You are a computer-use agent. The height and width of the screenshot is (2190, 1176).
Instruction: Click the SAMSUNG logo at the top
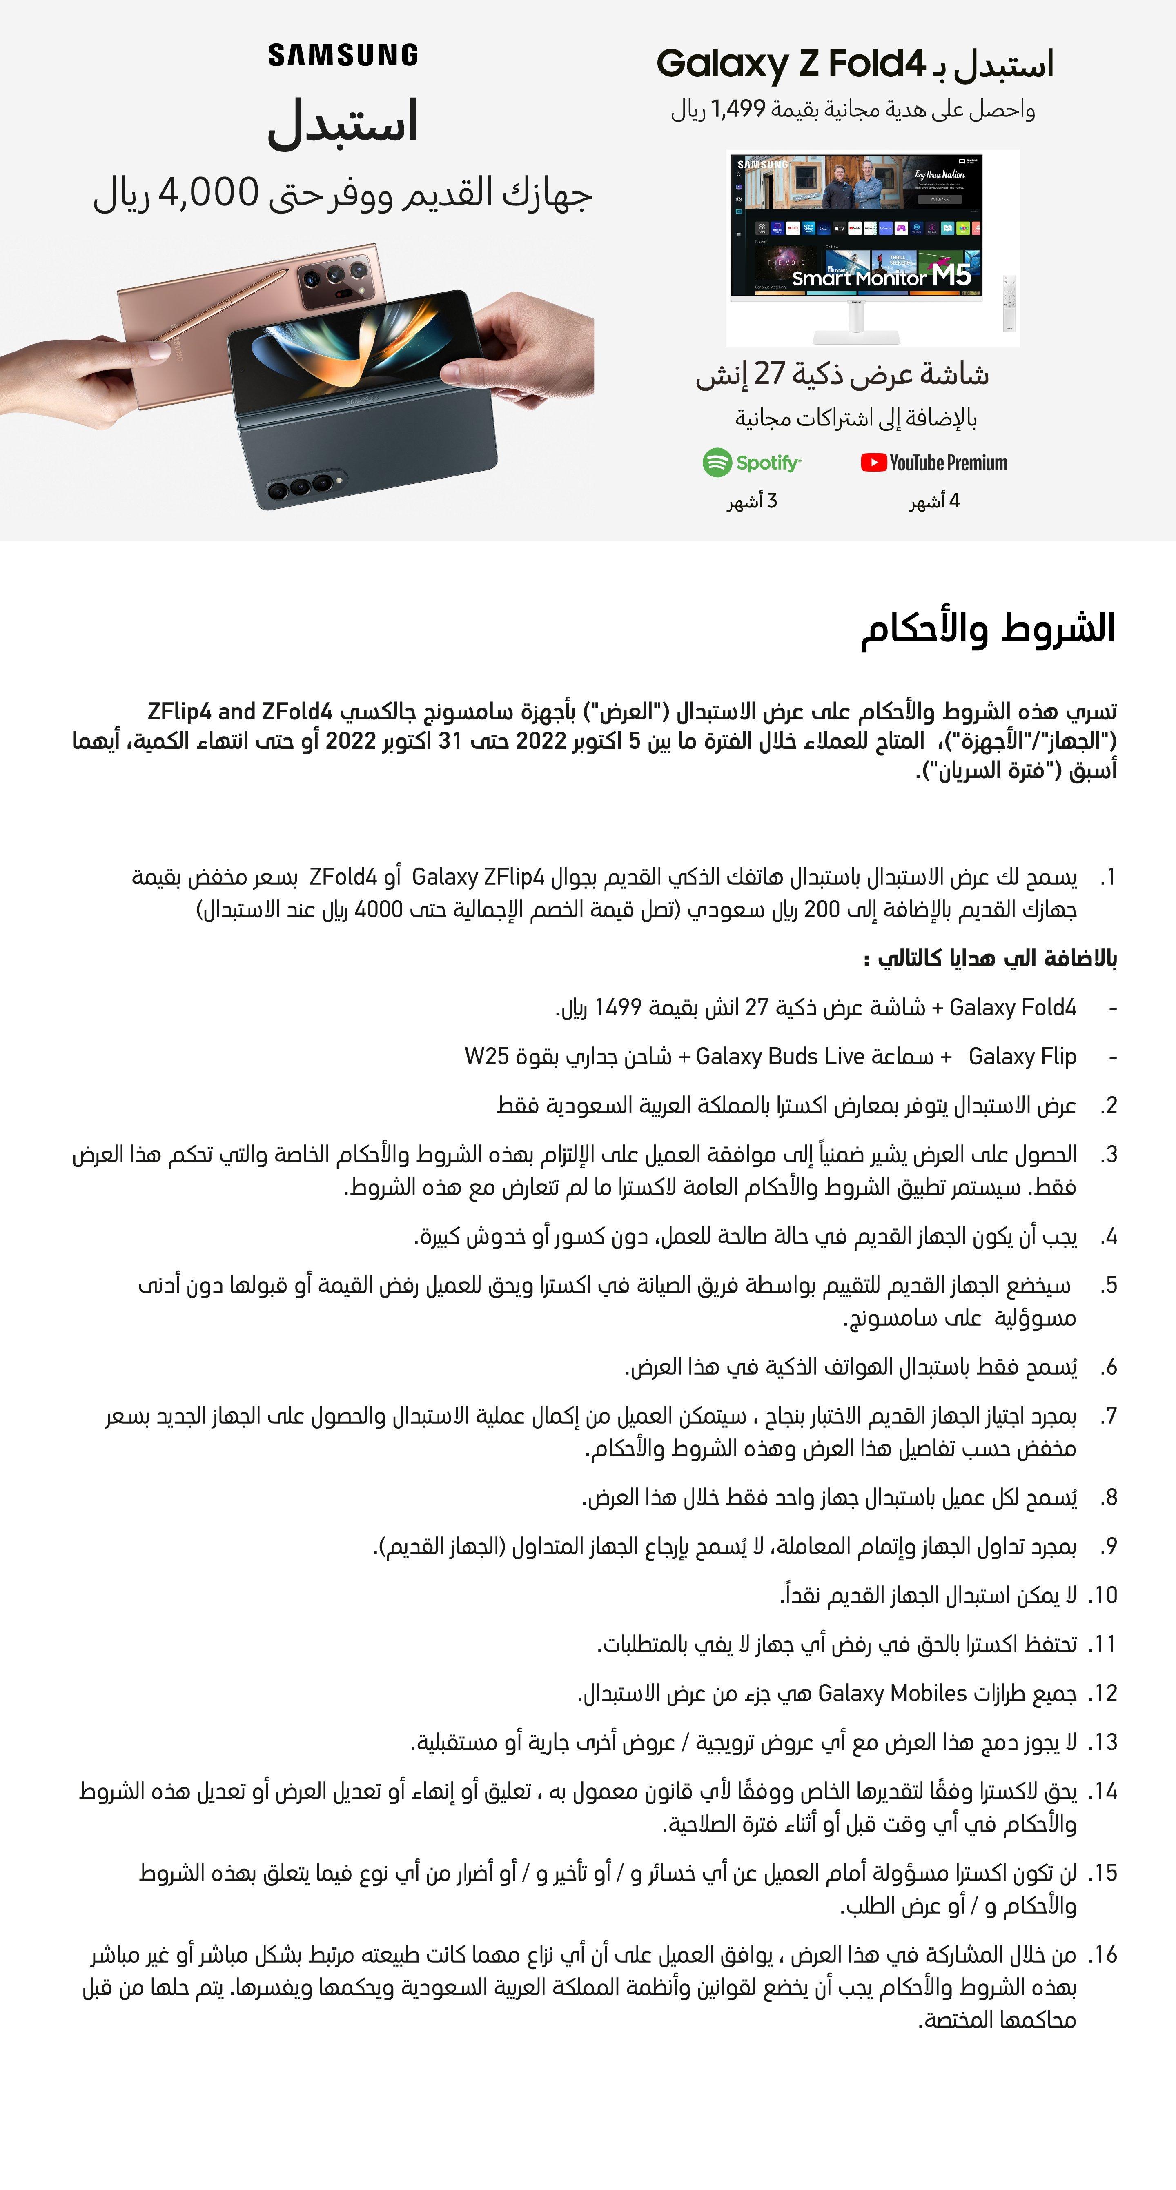[x=343, y=55]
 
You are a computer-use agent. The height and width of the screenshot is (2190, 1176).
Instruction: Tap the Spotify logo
[x=752, y=463]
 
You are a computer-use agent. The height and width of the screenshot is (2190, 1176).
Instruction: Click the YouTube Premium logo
[x=934, y=463]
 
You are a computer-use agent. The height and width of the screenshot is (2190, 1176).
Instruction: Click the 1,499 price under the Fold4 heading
[x=738, y=110]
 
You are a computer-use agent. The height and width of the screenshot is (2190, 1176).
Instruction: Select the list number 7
[x=1107, y=1416]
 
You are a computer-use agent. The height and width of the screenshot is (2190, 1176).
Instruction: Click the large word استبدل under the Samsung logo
[x=343, y=123]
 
